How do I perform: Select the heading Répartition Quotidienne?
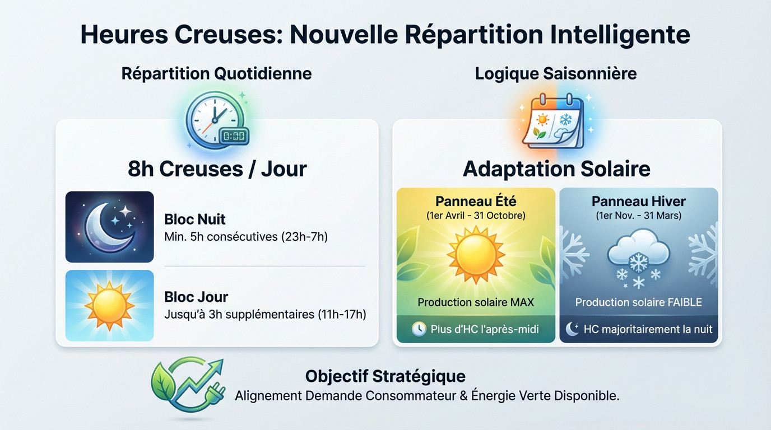(x=216, y=73)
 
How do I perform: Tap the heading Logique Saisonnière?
(x=555, y=73)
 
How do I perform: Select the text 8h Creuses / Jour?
(x=217, y=168)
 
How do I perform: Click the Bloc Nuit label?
(x=194, y=219)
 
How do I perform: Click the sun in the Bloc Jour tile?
(x=109, y=306)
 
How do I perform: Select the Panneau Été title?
(x=476, y=202)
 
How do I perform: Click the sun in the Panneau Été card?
(x=475, y=254)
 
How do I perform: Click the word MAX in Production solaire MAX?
(x=522, y=302)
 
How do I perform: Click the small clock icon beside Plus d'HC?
(x=419, y=329)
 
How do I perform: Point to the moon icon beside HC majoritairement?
(x=572, y=329)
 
